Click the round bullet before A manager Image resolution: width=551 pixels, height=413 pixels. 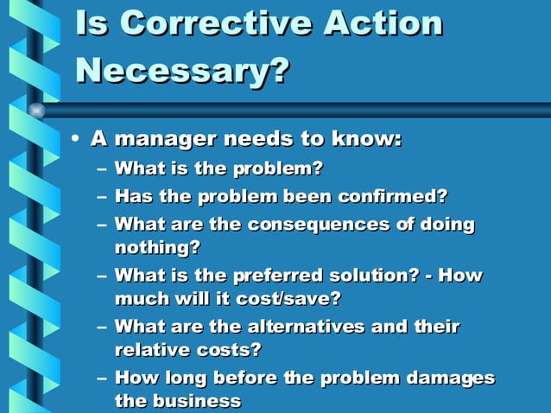coord(77,139)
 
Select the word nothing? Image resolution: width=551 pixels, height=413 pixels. coord(157,247)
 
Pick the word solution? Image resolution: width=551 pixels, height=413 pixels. coord(377,276)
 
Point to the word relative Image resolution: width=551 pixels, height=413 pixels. coord(149,350)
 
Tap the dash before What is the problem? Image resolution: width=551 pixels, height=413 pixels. coord(103,168)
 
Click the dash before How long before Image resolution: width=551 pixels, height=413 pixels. coord(103,378)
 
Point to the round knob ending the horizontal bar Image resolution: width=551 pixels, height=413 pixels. coord(36,110)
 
